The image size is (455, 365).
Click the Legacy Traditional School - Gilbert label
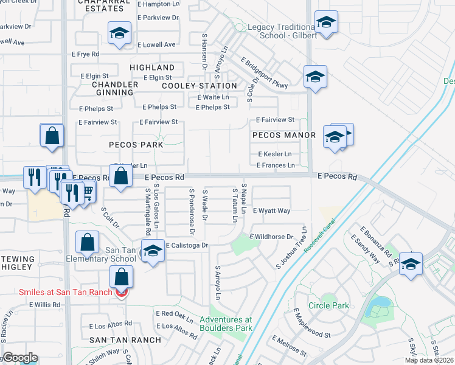(x=282, y=32)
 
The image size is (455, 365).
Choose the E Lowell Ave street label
(x=156, y=44)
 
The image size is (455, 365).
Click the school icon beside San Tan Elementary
(x=152, y=251)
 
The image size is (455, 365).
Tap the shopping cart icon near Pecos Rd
(x=87, y=192)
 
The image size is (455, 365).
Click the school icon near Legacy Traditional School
(x=326, y=23)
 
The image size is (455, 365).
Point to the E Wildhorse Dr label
(x=271, y=236)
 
